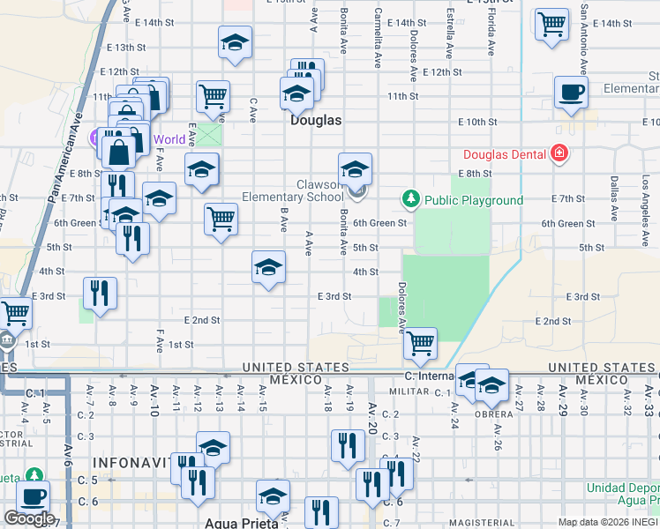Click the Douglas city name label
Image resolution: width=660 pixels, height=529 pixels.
click(316, 120)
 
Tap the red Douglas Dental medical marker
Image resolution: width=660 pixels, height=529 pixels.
click(558, 154)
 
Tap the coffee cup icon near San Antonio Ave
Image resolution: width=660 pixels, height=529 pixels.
click(571, 92)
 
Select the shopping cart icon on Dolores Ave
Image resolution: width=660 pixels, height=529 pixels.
click(421, 343)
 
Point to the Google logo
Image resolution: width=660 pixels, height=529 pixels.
click(29, 518)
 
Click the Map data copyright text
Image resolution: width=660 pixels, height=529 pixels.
click(608, 522)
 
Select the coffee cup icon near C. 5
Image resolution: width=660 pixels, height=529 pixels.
click(34, 496)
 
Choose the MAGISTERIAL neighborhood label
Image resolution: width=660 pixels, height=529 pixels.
click(482, 523)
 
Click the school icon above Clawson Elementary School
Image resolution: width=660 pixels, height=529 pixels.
click(355, 168)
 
